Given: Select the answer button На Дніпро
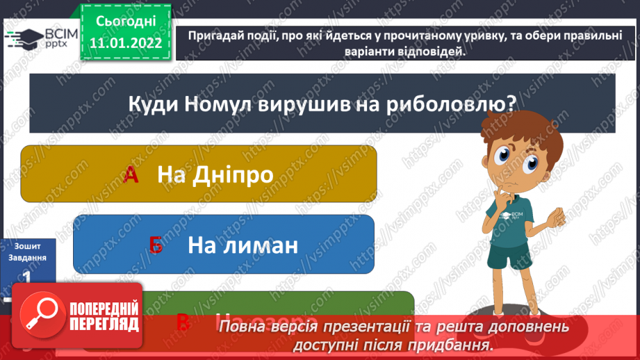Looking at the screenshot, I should (x=199, y=174).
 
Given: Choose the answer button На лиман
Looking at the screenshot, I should (x=223, y=244).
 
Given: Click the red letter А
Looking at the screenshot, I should (x=131, y=174).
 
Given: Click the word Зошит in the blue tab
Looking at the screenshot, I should (x=28, y=245).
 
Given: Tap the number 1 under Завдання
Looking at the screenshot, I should (x=26, y=277).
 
